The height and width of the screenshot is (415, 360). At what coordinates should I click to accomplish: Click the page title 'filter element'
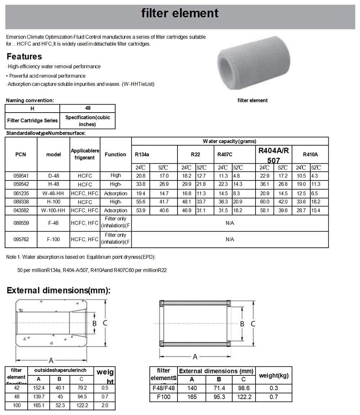tap(180, 14)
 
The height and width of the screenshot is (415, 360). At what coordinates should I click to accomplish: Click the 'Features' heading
tap(24, 56)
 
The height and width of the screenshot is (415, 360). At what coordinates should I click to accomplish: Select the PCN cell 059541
tap(21, 176)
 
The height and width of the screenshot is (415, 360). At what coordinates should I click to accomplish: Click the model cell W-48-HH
tap(53, 193)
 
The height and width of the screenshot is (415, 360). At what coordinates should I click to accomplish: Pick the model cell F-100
tap(53, 240)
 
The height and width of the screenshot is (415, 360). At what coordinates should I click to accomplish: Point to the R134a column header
tap(142, 155)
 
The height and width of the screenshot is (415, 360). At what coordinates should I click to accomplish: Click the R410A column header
tap(310, 155)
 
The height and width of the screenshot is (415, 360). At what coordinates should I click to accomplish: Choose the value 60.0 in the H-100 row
tap(265, 202)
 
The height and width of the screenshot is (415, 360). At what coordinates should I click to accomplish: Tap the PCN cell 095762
tap(21, 240)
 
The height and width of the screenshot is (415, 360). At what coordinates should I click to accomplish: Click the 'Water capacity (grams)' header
tap(230, 141)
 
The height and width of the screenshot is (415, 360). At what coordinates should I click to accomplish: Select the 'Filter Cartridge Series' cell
tap(32, 121)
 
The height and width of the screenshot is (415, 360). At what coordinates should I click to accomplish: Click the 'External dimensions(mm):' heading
tap(58, 291)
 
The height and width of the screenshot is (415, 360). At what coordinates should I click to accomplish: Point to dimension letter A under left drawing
tap(51, 360)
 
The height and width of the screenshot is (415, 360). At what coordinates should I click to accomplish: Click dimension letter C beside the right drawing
tap(253, 324)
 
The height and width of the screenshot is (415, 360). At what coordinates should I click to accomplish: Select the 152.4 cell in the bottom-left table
tap(39, 388)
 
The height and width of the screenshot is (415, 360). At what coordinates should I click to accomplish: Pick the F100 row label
tap(164, 397)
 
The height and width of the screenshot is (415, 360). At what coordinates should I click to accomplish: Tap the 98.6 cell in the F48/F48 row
tap(244, 388)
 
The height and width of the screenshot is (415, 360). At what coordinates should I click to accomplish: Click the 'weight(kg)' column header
tap(274, 376)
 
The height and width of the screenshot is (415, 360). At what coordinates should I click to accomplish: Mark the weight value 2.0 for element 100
tap(104, 406)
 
